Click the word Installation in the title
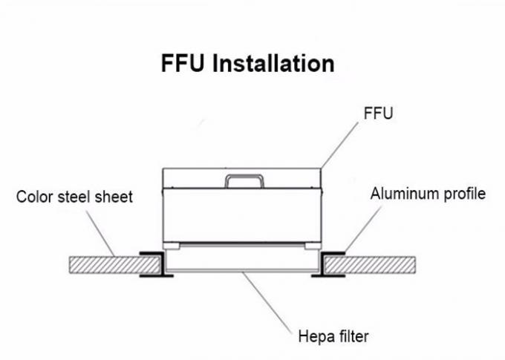274,63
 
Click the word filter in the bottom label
353,336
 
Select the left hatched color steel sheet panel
104,264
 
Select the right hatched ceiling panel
379,264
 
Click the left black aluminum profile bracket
154,264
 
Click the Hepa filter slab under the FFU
244,261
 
